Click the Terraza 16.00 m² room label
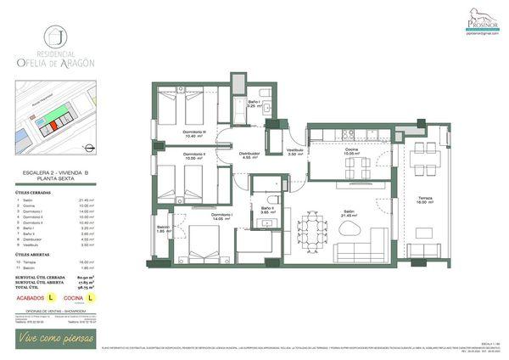tap(425, 199)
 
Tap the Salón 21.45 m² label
tap(349, 214)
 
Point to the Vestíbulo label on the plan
tap(294, 152)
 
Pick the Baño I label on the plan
tap(254, 104)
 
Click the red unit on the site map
tap(52, 125)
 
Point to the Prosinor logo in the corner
tap(483, 18)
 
